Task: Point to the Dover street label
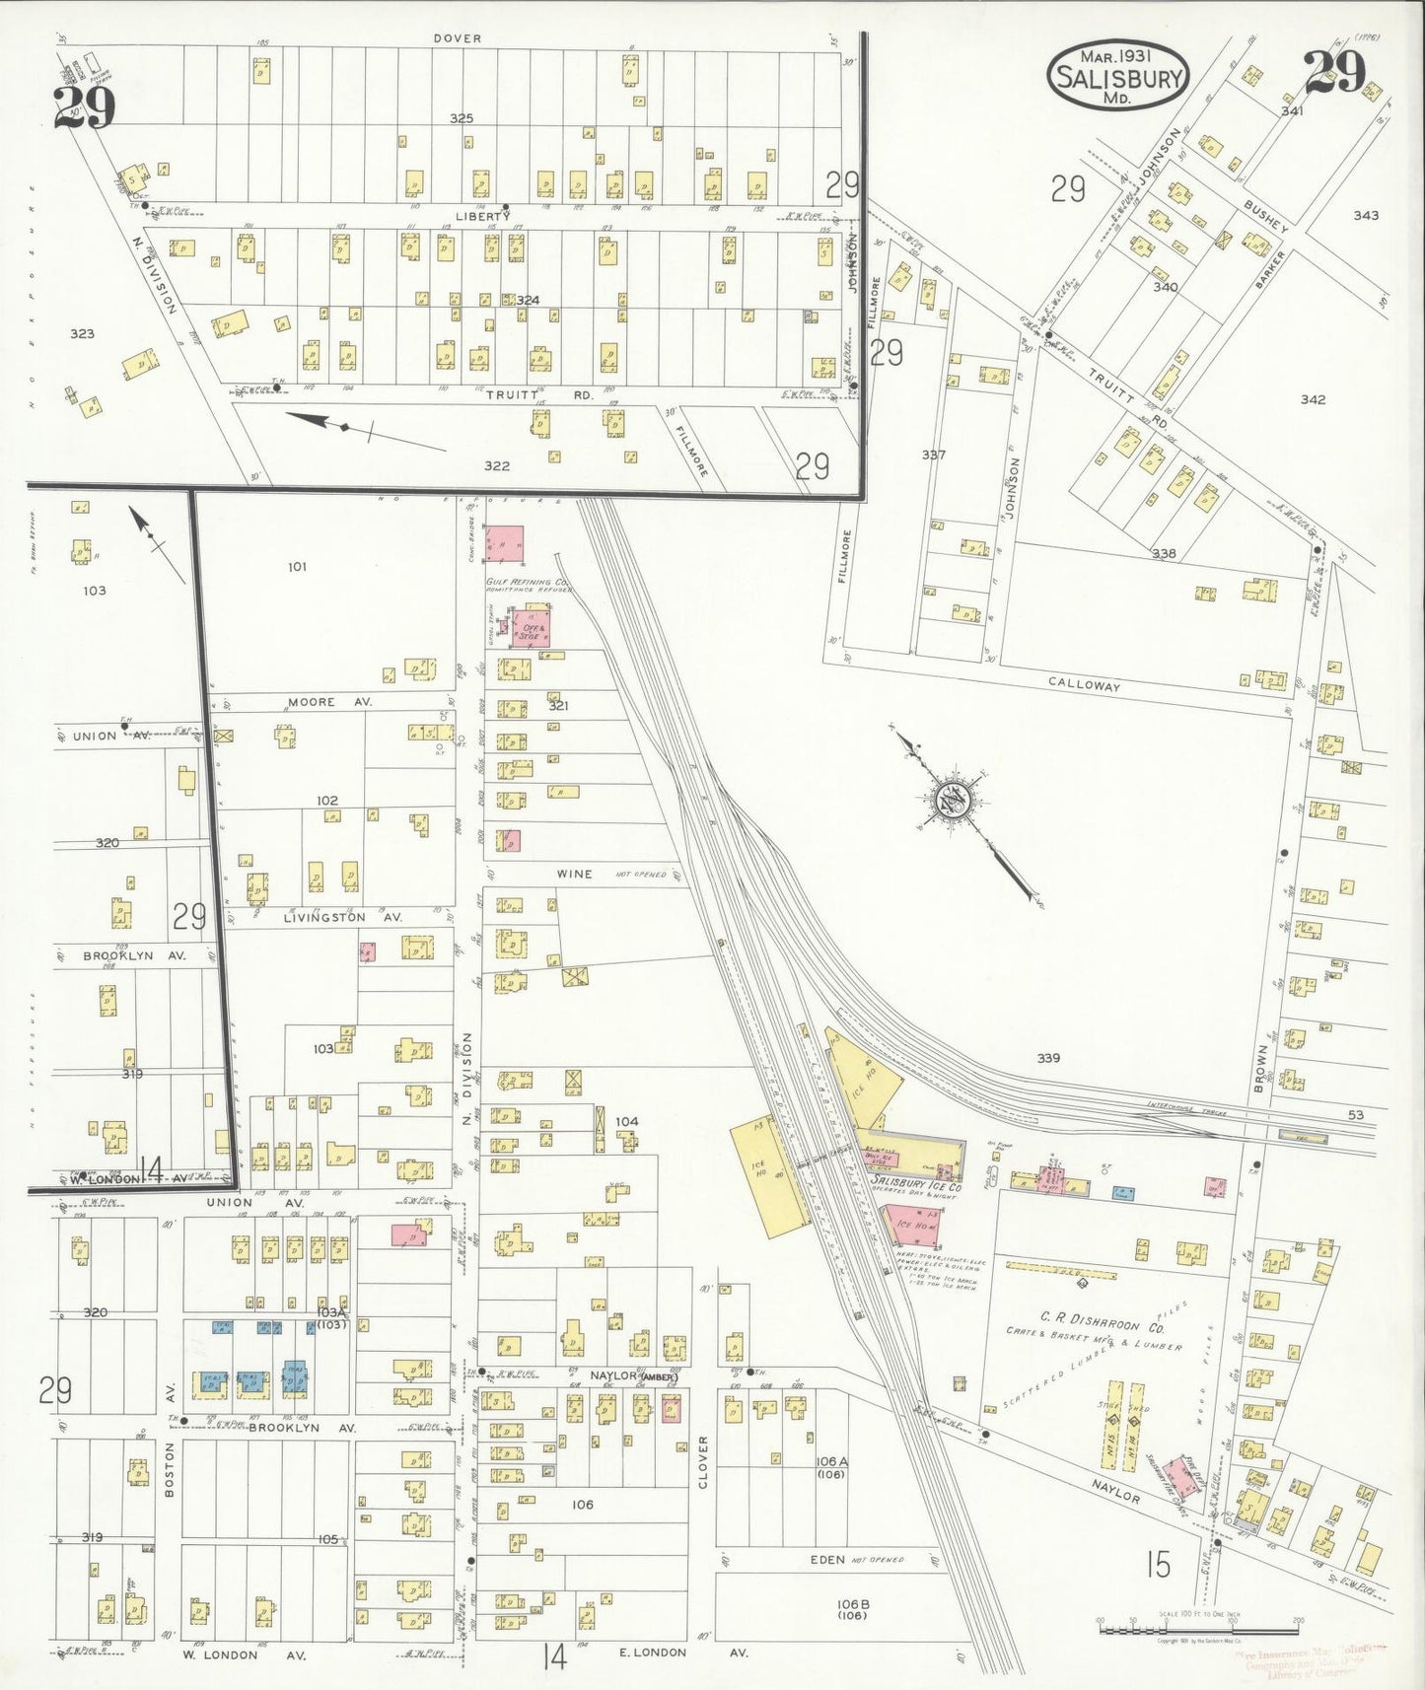(458, 38)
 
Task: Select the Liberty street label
(482, 216)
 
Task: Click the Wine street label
(574, 874)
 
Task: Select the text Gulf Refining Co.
(526, 583)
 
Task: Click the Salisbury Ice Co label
(916, 1187)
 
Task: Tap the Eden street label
(827, 1560)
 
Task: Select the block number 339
(1047, 1058)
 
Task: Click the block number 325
(462, 118)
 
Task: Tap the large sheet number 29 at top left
(84, 107)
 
